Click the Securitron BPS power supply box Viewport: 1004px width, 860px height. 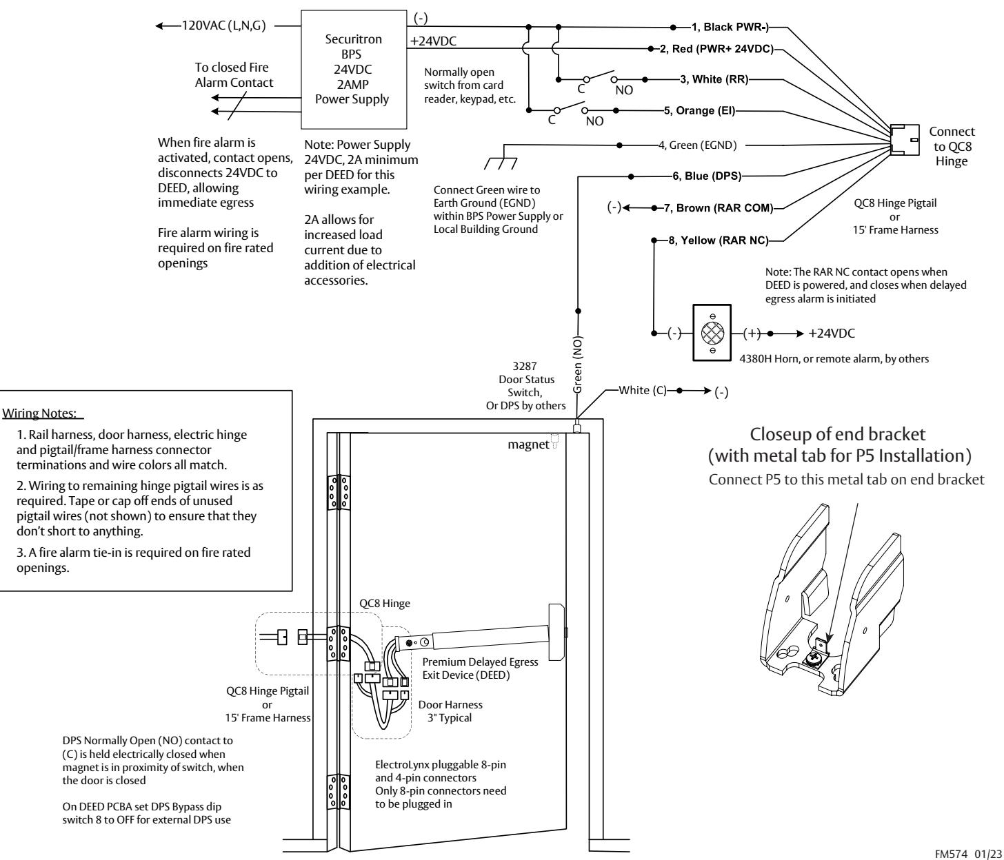[354, 70]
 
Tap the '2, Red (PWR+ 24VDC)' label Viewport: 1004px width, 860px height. [716, 49]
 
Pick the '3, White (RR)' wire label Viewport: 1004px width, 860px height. [714, 79]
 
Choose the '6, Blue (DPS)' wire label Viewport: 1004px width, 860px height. [707, 176]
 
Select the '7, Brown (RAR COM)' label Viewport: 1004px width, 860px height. [719, 208]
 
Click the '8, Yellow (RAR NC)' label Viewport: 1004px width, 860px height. [719, 240]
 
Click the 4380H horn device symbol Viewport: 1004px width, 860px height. [712, 333]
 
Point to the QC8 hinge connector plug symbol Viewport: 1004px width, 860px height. [905, 140]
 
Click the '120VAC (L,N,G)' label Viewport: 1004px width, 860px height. [223, 25]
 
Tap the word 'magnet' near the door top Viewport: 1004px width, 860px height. [528, 444]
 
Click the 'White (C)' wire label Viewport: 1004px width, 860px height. [643, 390]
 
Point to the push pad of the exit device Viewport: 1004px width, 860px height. [556, 632]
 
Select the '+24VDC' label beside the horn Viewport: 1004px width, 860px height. [831, 334]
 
